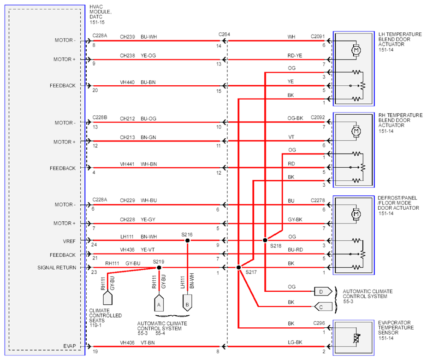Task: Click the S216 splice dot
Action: click(x=187, y=241)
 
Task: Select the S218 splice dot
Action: click(x=265, y=240)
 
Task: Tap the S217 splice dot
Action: click(x=238, y=267)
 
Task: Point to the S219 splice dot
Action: click(x=159, y=268)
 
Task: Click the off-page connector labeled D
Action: click(x=323, y=292)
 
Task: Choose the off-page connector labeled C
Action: click(x=323, y=307)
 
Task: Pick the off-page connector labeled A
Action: click(x=159, y=303)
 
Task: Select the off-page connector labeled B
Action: click(x=187, y=303)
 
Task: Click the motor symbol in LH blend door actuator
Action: click(x=356, y=50)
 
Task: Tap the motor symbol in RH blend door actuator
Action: click(x=356, y=131)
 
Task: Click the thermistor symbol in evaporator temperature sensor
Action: click(x=356, y=338)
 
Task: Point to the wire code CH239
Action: click(x=127, y=37)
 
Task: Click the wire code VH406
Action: click(x=127, y=342)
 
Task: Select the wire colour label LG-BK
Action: click(x=295, y=342)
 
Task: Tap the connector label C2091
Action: click(x=318, y=36)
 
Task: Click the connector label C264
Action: click(x=224, y=34)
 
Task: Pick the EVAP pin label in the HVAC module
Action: click(x=70, y=346)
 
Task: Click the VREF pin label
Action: click(x=69, y=241)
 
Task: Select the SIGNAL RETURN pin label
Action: click(x=57, y=268)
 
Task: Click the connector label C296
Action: click(x=319, y=323)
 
